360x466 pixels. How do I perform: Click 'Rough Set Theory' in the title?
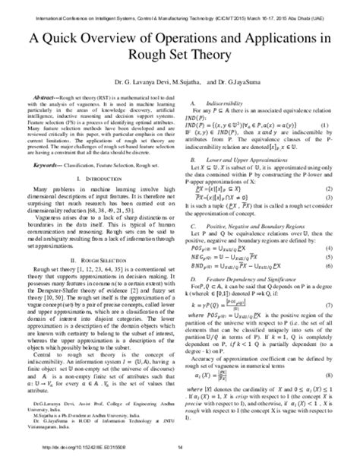(x=179, y=54)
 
